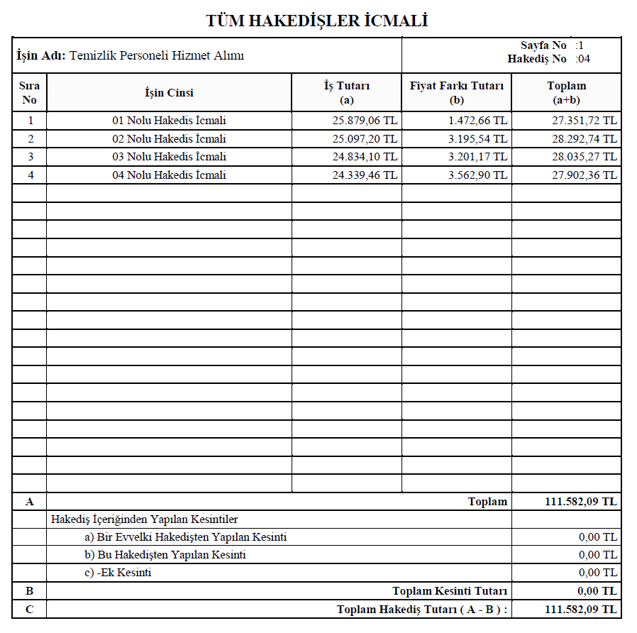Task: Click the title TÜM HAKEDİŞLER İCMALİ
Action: pyautogui.click(x=317, y=21)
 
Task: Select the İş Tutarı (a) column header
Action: pyautogui.click(x=347, y=92)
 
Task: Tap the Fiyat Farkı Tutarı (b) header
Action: pyautogui.click(x=457, y=92)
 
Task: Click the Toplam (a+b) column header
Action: pyautogui.click(x=566, y=92)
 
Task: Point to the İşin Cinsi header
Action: pyautogui.click(x=169, y=92)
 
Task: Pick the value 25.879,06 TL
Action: pyautogui.click(x=365, y=121)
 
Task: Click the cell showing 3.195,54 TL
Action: pyautogui.click(x=477, y=138)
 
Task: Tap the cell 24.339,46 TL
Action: pyautogui.click(x=365, y=175)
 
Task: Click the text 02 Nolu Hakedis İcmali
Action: pyautogui.click(x=169, y=138)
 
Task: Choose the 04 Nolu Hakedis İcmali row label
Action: pyautogui.click(x=169, y=175)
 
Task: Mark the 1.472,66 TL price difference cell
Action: pyautogui.click(x=477, y=121)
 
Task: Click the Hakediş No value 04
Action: pyautogui.click(x=584, y=59)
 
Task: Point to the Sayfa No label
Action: pyautogui.click(x=543, y=45)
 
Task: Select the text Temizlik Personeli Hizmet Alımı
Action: pyautogui.click(x=157, y=55)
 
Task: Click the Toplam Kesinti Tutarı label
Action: pyautogui.click(x=450, y=591)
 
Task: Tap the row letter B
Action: pyautogui.click(x=29, y=591)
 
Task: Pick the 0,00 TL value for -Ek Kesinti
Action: pyautogui.click(x=597, y=573)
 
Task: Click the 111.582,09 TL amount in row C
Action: pyautogui.click(x=580, y=610)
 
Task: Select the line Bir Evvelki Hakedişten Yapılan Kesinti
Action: pyautogui.click(x=186, y=537)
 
